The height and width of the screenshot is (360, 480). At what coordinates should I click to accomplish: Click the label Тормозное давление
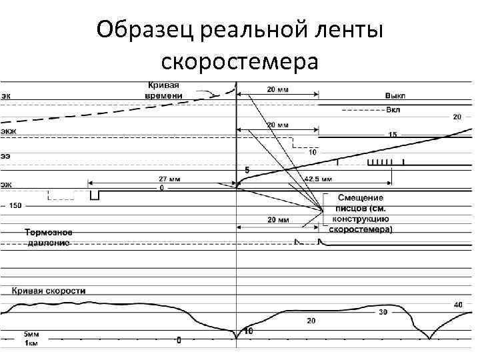pos(49,238)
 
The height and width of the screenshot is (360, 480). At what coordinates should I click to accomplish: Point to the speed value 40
pos(457,305)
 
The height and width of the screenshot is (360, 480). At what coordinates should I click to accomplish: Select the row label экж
pos(9,131)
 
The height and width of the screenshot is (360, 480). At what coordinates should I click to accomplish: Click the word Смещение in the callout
pos(360,198)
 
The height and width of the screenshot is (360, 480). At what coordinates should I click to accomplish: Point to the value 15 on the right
pos(393,135)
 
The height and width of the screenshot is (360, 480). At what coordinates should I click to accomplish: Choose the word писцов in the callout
pos(351,208)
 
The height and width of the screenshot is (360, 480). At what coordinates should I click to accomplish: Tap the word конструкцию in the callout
pos(360,219)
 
